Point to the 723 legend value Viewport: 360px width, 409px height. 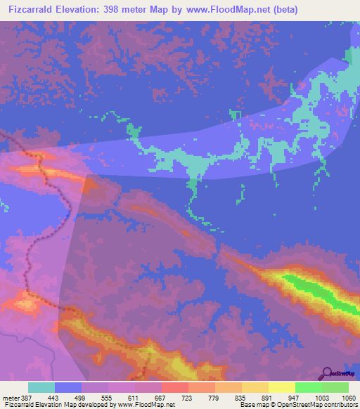point(188,397)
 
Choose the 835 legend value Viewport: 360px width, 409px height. point(241,397)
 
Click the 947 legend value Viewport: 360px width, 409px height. point(295,397)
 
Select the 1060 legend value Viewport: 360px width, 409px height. point(348,397)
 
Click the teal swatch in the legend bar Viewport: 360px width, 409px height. point(41,387)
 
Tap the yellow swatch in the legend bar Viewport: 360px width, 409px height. point(282,387)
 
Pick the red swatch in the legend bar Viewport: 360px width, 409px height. point(175,387)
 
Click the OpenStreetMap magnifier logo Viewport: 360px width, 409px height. point(328,372)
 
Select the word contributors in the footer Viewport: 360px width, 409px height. point(340,405)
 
